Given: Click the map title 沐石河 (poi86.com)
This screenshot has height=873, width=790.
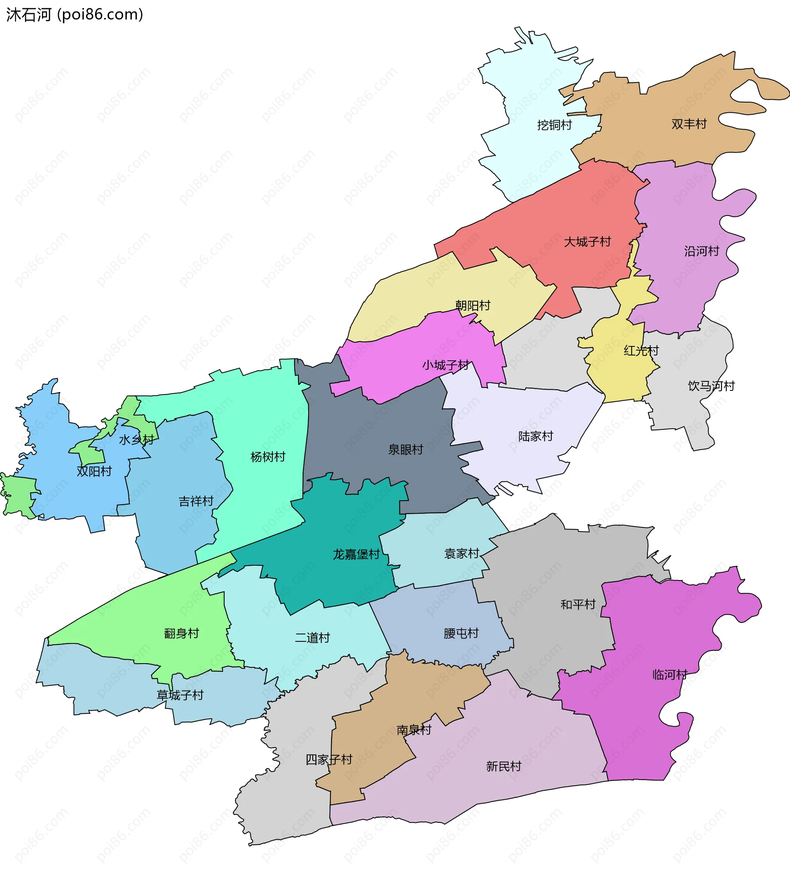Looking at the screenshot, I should click(x=74, y=15).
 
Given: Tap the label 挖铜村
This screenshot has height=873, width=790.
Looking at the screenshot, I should click(x=554, y=125).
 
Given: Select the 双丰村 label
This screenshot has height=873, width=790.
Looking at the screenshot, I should click(x=689, y=124).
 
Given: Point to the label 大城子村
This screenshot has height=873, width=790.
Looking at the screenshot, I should click(x=587, y=241).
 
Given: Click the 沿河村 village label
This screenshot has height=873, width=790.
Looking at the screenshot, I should click(x=701, y=251).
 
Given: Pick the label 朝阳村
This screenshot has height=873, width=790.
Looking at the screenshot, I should click(x=472, y=306).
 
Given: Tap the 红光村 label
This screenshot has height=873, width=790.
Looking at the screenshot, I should click(x=641, y=351).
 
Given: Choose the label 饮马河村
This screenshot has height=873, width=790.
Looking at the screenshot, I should click(x=711, y=386).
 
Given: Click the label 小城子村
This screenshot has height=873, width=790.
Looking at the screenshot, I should click(x=446, y=365).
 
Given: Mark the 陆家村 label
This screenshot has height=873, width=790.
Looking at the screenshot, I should click(x=536, y=436).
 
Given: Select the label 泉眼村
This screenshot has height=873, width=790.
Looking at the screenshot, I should click(x=405, y=450).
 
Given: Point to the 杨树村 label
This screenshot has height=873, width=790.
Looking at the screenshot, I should click(x=268, y=457).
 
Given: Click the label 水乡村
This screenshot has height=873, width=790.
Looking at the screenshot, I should click(x=136, y=440).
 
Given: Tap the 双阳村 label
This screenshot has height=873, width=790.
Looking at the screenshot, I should click(x=94, y=471).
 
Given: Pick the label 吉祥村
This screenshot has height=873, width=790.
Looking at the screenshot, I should click(x=196, y=502).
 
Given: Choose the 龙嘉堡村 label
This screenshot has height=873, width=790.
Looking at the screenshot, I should click(x=356, y=554).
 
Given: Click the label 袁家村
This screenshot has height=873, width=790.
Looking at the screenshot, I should click(x=462, y=553).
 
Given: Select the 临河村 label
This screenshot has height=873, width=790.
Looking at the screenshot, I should click(x=669, y=675).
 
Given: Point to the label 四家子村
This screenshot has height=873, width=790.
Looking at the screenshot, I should click(x=329, y=759).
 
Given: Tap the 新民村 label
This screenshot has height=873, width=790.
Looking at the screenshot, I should click(x=503, y=766).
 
